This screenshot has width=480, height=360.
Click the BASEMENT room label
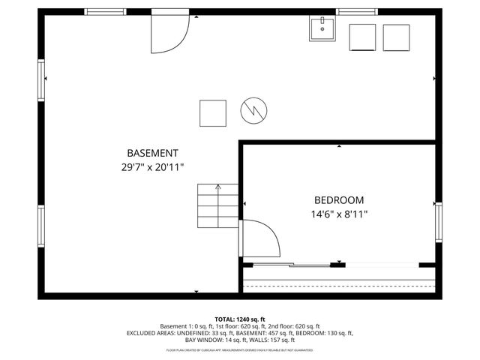point(152,152)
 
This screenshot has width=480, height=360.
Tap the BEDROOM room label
point(338,200)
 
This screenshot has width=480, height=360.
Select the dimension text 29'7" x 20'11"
point(152,168)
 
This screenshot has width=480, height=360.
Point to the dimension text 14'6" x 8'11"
point(339,214)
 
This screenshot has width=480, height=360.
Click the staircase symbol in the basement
point(218,205)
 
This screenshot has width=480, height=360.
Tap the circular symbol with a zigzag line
point(253,112)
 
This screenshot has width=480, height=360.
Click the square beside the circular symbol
point(213,113)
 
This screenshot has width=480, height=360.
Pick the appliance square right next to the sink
point(363,37)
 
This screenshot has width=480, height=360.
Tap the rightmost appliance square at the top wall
point(397,37)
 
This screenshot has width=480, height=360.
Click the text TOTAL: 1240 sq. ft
point(240,319)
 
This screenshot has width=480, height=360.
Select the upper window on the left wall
point(42,80)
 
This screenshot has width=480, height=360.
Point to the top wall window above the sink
point(355,12)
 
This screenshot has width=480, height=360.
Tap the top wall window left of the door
point(105,12)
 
